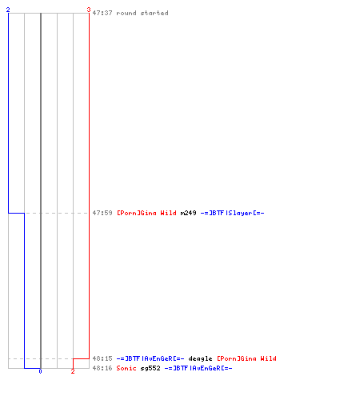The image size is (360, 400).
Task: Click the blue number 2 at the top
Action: [x=8, y=10]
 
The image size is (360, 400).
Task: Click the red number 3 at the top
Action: [x=89, y=10]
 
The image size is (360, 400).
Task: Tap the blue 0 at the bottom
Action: [x=40, y=371]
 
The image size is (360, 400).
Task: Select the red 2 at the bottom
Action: [x=73, y=371]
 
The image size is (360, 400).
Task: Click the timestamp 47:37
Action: [x=102, y=13]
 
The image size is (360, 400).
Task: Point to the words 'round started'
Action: [x=142, y=13]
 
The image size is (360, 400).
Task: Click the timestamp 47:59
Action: [x=102, y=213]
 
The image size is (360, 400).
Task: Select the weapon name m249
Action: [x=188, y=213]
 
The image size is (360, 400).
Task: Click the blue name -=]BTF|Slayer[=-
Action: [x=232, y=213]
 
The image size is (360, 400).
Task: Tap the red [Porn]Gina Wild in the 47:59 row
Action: [x=146, y=213]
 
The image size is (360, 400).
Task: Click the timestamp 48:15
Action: [x=102, y=358]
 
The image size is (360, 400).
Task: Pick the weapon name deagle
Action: [x=200, y=358]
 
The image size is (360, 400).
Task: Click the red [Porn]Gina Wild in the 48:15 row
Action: [x=246, y=358]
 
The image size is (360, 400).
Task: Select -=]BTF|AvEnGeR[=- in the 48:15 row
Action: [x=150, y=358]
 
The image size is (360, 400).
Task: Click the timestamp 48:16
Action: [x=102, y=368]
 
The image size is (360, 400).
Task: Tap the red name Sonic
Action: [x=126, y=368]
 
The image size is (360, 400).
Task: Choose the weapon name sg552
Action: [x=150, y=369]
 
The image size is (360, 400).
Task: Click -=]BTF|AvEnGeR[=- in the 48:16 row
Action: [x=198, y=368]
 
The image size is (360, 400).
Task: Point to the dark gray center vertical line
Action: [x=41, y=190]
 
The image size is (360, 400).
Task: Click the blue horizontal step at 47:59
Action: [x=17, y=213]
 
